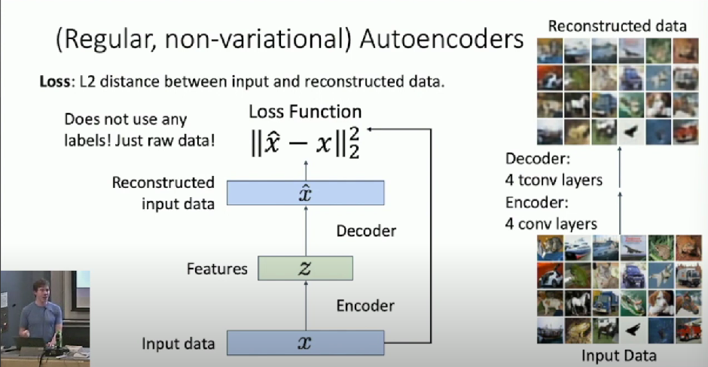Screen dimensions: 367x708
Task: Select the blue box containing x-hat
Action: pyautogui.click(x=305, y=193)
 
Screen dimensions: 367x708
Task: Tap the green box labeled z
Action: pyautogui.click(x=305, y=268)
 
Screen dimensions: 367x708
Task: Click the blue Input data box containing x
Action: pyautogui.click(x=305, y=343)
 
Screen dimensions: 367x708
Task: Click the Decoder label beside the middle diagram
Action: pyautogui.click(x=366, y=231)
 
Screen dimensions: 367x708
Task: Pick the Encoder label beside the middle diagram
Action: pyautogui.click(x=365, y=305)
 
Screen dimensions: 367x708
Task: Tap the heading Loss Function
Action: pyautogui.click(x=306, y=112)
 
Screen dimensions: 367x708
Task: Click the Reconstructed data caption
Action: pyautogui.click(x=617, y=26)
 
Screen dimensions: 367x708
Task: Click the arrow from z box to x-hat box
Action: pyautogui.click(x=305, y=231)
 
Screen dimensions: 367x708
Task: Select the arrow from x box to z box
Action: pyautogui.click(x=305, y=305)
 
